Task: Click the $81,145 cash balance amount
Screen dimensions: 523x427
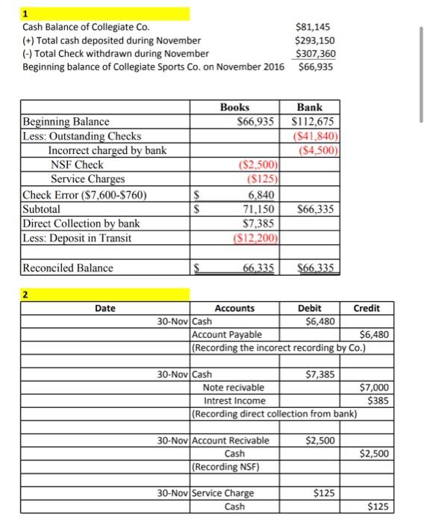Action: (314, 27)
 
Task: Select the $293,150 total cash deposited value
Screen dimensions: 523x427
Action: (314, 40)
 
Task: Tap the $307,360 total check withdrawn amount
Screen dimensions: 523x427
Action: (314, 53)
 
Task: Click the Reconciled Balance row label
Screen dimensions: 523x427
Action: (68, 267)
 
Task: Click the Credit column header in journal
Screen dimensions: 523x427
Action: (366, 308)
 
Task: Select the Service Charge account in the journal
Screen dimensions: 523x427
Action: (223, 493)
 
